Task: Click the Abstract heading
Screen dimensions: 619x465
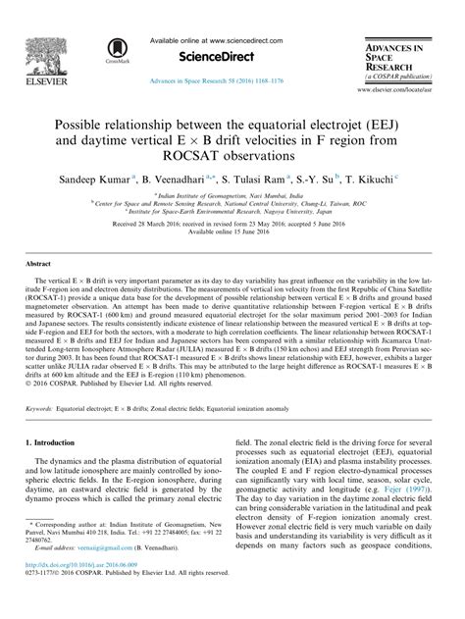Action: (38, 266)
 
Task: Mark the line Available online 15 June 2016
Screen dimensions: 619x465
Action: (232, 232)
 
